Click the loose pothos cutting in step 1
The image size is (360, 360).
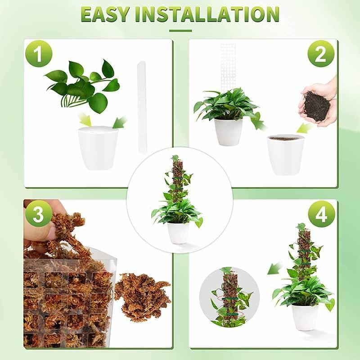click(x=83, y=85)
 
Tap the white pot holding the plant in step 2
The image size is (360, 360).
click(x=228, y=131)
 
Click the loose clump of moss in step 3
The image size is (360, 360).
click(x=142, y=297)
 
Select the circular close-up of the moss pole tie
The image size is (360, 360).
click(x=229, y=297)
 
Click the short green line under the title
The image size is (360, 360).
click(x=180, y=31)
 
